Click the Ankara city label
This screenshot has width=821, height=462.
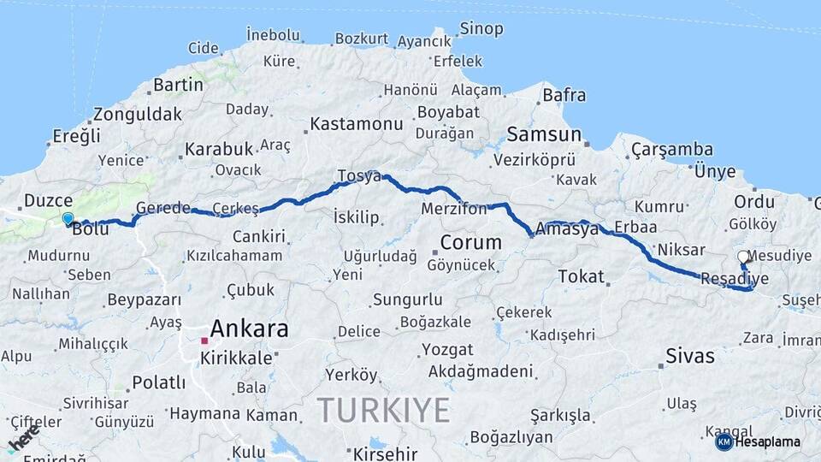pyautogui.click(x=249, y=329)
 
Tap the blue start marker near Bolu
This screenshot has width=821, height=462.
pyautogui.click(x=68, y=219)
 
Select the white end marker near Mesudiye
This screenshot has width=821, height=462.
pyautogui.click(x=743, y=257)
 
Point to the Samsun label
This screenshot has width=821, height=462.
pyautogui.click(x=544, y=134)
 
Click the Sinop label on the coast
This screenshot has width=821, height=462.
pyautogui.click(x=481, y=29)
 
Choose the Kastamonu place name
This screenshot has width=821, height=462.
pyautogui.click(x=356, y=124)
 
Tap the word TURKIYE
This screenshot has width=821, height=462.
pyautogui.click(x=383, y=411)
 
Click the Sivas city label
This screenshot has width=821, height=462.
pyautogui.click(x=689, y=357)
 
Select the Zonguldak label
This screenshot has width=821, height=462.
pyautogui.click(x=138, y=114)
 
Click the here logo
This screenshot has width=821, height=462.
pyautogui.click(x=23, y=437)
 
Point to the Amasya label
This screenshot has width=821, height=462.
pyautogui.click(x=566, y=228)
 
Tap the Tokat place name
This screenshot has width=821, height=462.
pyautogui.click(x=582, y=276)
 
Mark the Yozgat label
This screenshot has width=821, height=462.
pyautogui.click(x=446, y=350)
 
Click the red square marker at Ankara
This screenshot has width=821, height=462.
pyautogui.click(x=204, y=341)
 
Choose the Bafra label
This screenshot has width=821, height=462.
pyautogui.click(x=564, y=95)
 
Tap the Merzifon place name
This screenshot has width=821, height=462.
pyautogui.click(x=454, y=209)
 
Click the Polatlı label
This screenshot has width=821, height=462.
pyautogui.click(x=158, y=382)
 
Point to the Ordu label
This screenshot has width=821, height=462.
pyautogui.click(x=754, y=202)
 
